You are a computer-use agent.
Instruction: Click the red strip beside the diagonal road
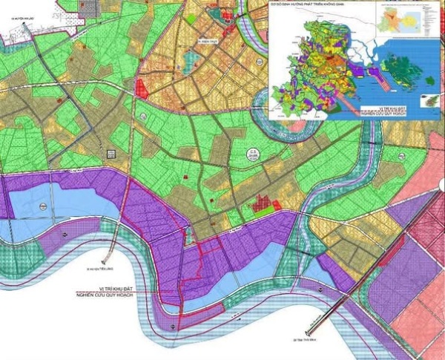tap(412, 217)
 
